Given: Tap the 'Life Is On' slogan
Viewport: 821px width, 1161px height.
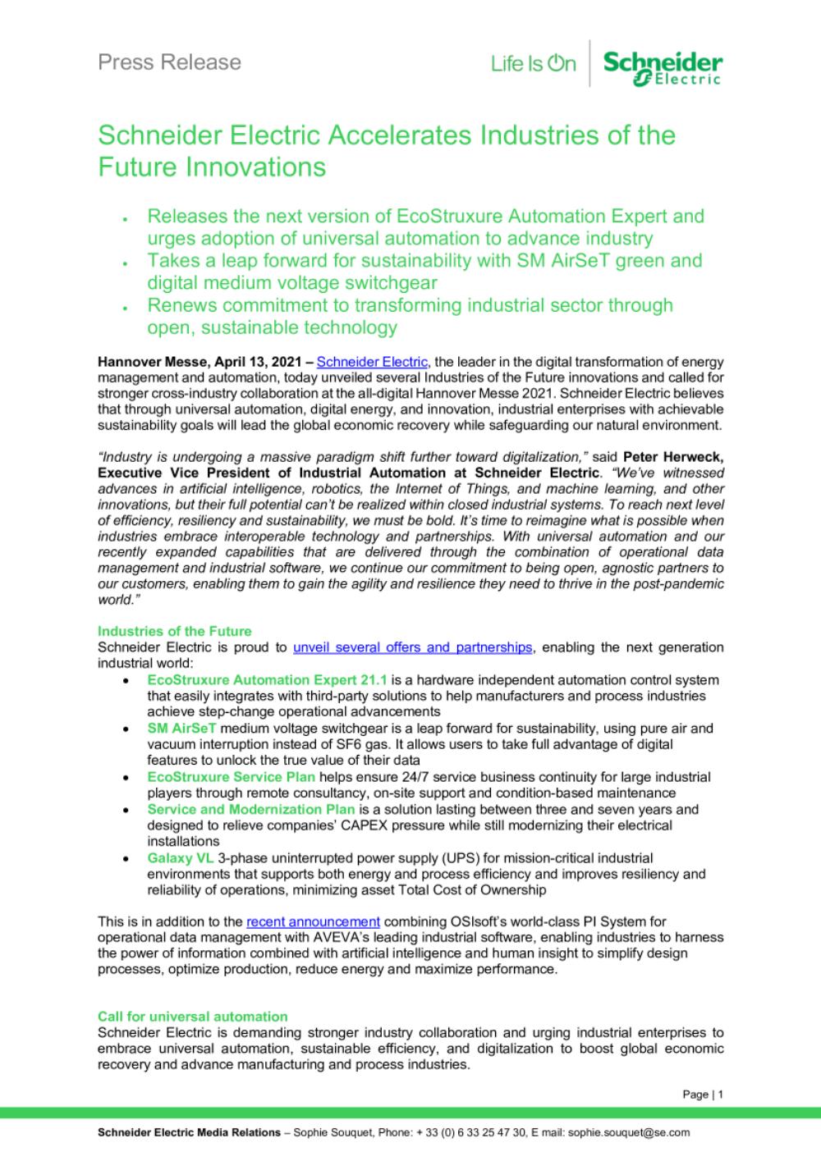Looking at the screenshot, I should tap(534, 63).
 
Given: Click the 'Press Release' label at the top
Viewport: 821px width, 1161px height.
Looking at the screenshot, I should tap(169, 62).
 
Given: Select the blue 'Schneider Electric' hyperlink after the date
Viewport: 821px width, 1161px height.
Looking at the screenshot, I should tap(373, 362).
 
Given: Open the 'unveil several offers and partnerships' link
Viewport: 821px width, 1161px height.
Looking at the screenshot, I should tap(413, 647).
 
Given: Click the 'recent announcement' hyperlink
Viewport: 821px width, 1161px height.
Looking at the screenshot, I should tap(313, 922).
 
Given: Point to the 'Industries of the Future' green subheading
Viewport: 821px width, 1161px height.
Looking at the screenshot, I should tap(174, 631).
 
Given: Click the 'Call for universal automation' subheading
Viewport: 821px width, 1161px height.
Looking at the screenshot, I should tap(192, 1017).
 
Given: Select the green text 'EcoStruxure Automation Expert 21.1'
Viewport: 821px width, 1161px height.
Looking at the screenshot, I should tap(267, 680).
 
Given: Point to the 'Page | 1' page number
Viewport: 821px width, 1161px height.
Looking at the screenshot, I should tap(703, 1095).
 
